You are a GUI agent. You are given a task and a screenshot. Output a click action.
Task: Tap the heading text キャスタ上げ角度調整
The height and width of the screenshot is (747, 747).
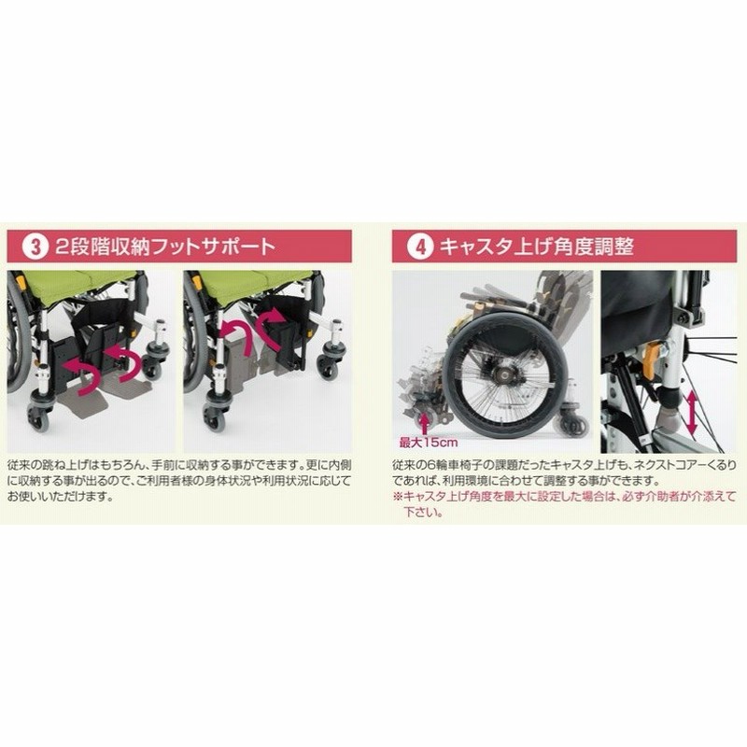coord(536,247)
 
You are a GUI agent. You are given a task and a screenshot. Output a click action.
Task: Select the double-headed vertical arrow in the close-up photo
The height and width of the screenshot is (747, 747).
coord(691,413)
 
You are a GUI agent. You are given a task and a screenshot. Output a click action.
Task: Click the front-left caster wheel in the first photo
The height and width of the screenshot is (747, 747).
coord(38,419)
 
